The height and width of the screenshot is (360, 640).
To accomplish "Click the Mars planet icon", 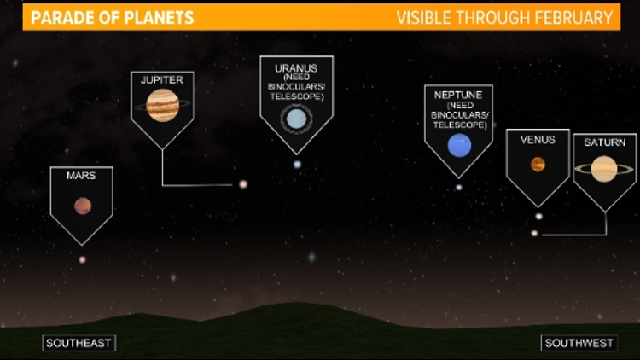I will pyautogui.click(x=82, y=205).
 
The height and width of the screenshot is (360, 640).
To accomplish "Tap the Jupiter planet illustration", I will pyautogui.click(x=162, y=106).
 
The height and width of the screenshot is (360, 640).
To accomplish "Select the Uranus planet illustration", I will pyautogui.click(x=295, y=120).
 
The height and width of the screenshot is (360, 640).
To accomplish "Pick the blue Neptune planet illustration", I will pyautogui.click(x=459, y=145).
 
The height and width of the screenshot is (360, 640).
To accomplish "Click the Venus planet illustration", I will pyautogui.click(x=538, y=165).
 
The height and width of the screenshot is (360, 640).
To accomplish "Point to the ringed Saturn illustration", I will pyautogui.click(x=604, y=168).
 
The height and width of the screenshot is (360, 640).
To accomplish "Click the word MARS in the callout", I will pyautogui.click(x=81, y=176).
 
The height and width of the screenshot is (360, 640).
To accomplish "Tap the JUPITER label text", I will pyautogui.click(x=162, y=79).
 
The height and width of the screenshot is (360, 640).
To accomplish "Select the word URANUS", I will pyautogui.click(x=296, y=67).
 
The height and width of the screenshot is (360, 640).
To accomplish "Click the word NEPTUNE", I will pyautogui.click(x=459, y=95).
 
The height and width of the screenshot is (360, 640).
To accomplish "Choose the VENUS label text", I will pyautogui.click(x=538, y=139).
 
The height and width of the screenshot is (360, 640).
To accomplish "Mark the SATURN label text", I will pyautogui.click(x=604, y=142).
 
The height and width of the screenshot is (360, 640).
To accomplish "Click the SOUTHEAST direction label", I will pyautogui.click(x=79, y=343).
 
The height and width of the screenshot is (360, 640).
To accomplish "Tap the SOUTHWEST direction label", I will pyautogui.click(x=578, y=343).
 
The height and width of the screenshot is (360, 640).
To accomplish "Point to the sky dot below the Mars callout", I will pyautogui.click(x=83, y=259).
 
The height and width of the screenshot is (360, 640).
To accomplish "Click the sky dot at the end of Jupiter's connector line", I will pyautogui.click(x=242, y=183).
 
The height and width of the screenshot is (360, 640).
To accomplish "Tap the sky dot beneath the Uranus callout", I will pyautogui.click(x=297, y=164).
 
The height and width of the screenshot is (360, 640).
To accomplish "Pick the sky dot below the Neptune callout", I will pyautogui.click(x=458, y=187).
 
